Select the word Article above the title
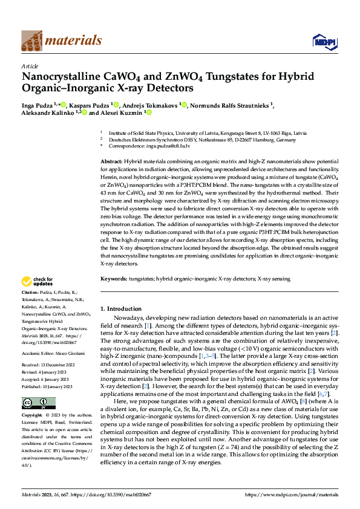click(x=30, y=66)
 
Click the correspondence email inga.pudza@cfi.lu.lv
click(x=166, y=146)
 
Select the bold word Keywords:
click(x=114, y=279)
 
